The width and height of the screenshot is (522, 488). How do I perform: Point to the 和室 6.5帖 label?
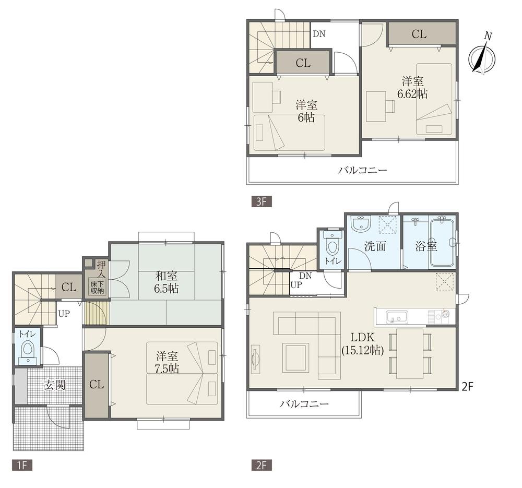click(167, 282)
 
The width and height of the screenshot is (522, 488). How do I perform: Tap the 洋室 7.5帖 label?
click(167, 362)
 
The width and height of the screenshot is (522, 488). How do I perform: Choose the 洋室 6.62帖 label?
click(412, 87)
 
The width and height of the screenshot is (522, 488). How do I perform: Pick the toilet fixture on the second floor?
click(332, 244)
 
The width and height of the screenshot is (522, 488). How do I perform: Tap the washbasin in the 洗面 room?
click(360, 224)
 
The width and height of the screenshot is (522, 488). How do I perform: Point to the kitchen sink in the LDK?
click(397, 316)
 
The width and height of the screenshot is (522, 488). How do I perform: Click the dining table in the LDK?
click(410, 353)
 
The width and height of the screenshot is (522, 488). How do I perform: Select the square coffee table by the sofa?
click(295, 357)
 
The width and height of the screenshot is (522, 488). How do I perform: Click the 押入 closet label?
click(100, 268)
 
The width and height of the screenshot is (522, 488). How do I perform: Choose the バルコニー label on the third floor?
click(362, 170)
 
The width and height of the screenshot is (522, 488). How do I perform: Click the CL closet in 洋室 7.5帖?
click(97, 385)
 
